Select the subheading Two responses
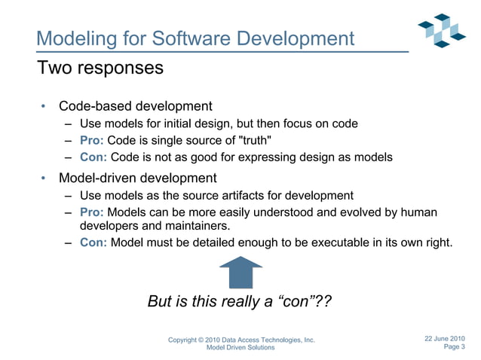(x=100, y=68)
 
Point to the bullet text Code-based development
(x=136, y=106)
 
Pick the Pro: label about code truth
(x=93, y=140)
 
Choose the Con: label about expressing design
(x=93, y=157)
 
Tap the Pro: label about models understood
(x=93, y=212)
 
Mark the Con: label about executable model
(x=93, y=243)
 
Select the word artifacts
(x=247, y=195)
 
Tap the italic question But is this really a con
(x=240, y=302)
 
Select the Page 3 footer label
(x=455, y=347)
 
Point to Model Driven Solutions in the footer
(x=240, y=348)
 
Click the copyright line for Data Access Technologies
(x=240, y=340)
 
